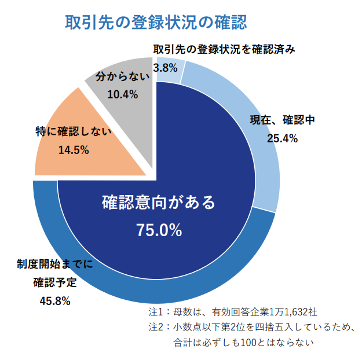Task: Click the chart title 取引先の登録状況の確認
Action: [x=156, y=23]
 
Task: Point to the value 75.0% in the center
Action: [x=159, y=230]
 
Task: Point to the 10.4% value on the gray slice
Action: [x=122, y=95]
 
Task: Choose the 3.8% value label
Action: [x=165, y=68]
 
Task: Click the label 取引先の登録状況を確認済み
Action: [x=224, y=49]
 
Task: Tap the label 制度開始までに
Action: [x=55, y=265]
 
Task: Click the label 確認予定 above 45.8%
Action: [x=56, y=283]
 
